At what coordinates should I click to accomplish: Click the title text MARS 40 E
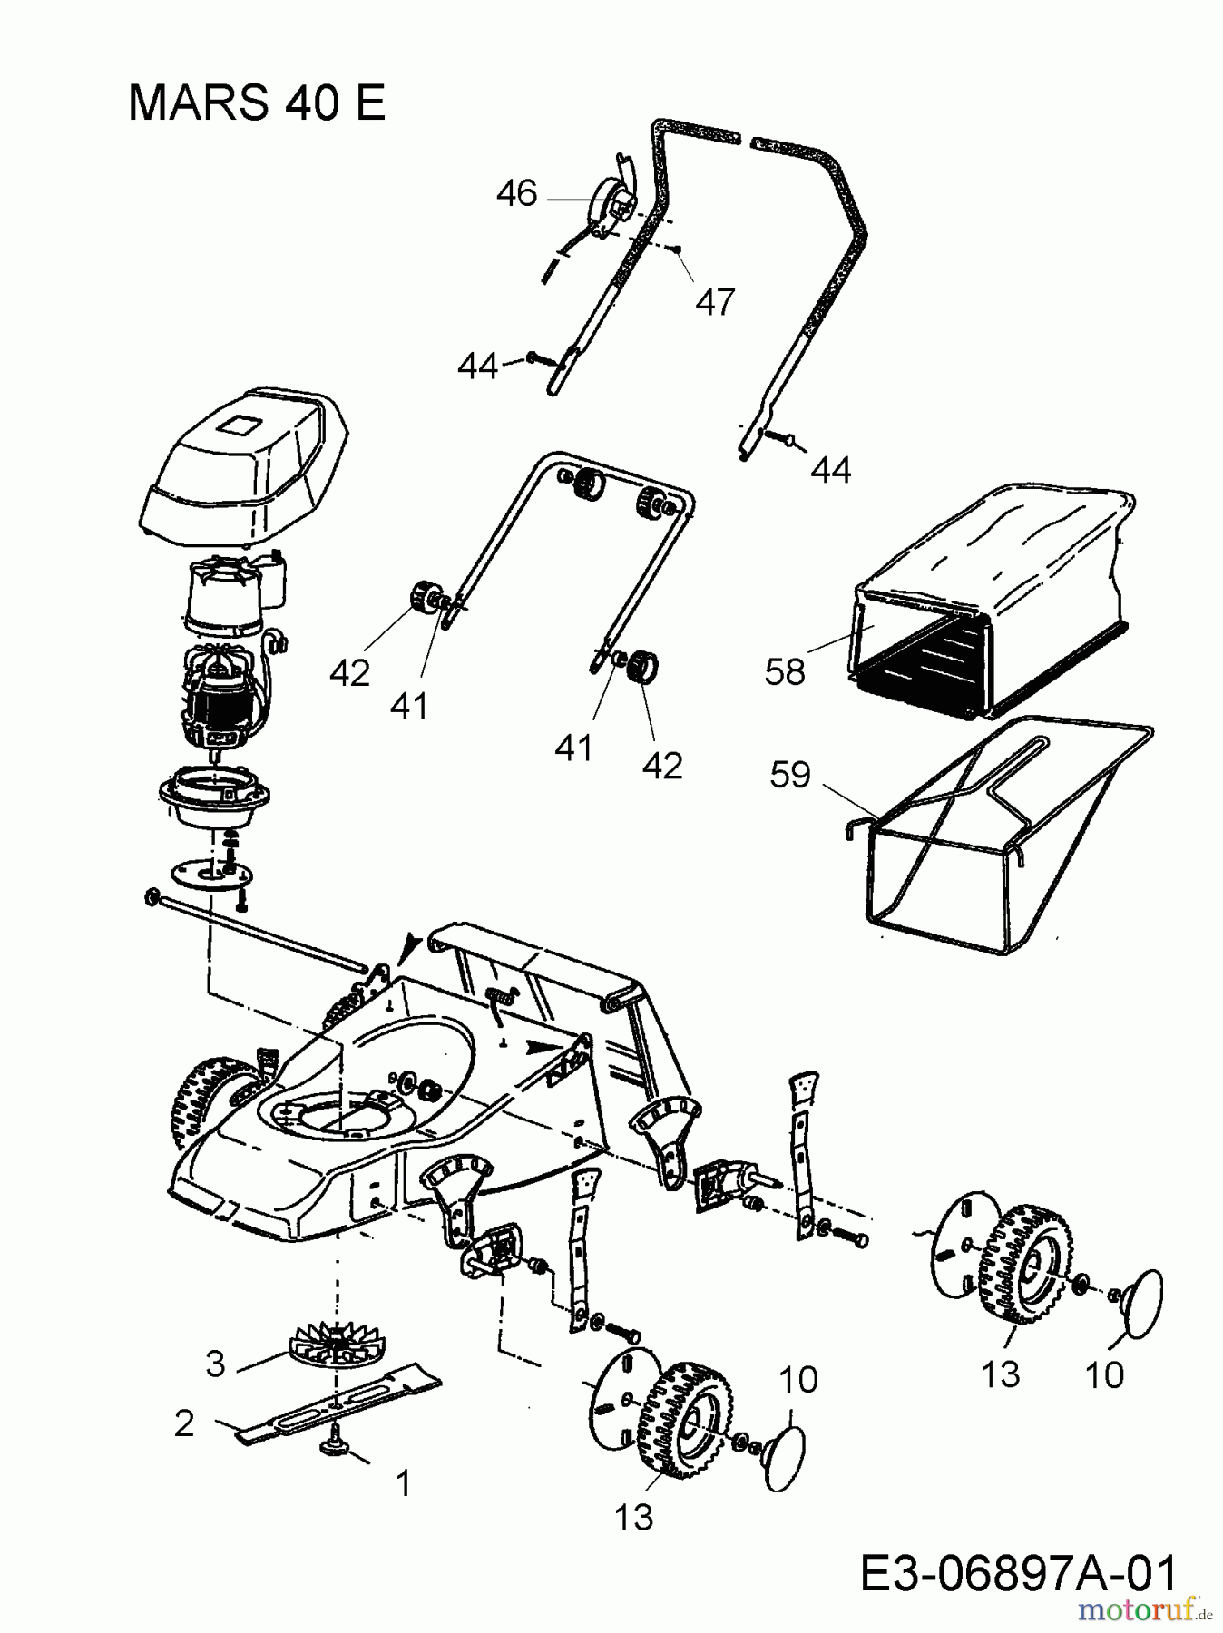[x=257, y=103]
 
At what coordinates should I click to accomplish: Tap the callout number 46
[x=517, y=193]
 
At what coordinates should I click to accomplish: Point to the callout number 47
[x=714, y=301]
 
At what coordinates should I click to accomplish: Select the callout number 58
[x=785, y=671]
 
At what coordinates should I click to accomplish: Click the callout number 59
[x=789, y=775]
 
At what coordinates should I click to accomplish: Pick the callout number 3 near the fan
[x=215, y=1363]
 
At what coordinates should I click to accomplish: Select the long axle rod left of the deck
[x=263, y=934]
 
